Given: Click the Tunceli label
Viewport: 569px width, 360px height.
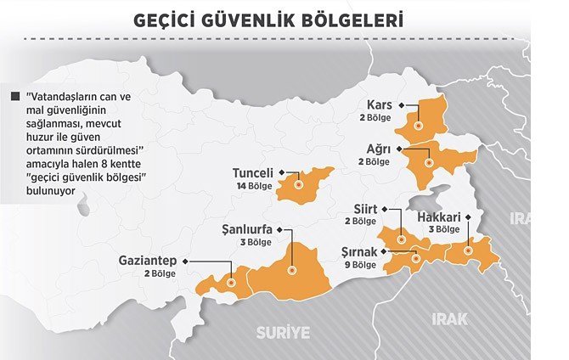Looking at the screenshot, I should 254,173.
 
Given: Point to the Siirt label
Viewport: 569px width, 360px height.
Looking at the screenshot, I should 366,209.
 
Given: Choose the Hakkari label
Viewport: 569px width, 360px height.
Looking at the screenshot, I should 439,217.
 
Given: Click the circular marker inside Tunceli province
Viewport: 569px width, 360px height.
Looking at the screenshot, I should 298,181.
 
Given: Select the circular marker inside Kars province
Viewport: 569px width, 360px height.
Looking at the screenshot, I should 418,125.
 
